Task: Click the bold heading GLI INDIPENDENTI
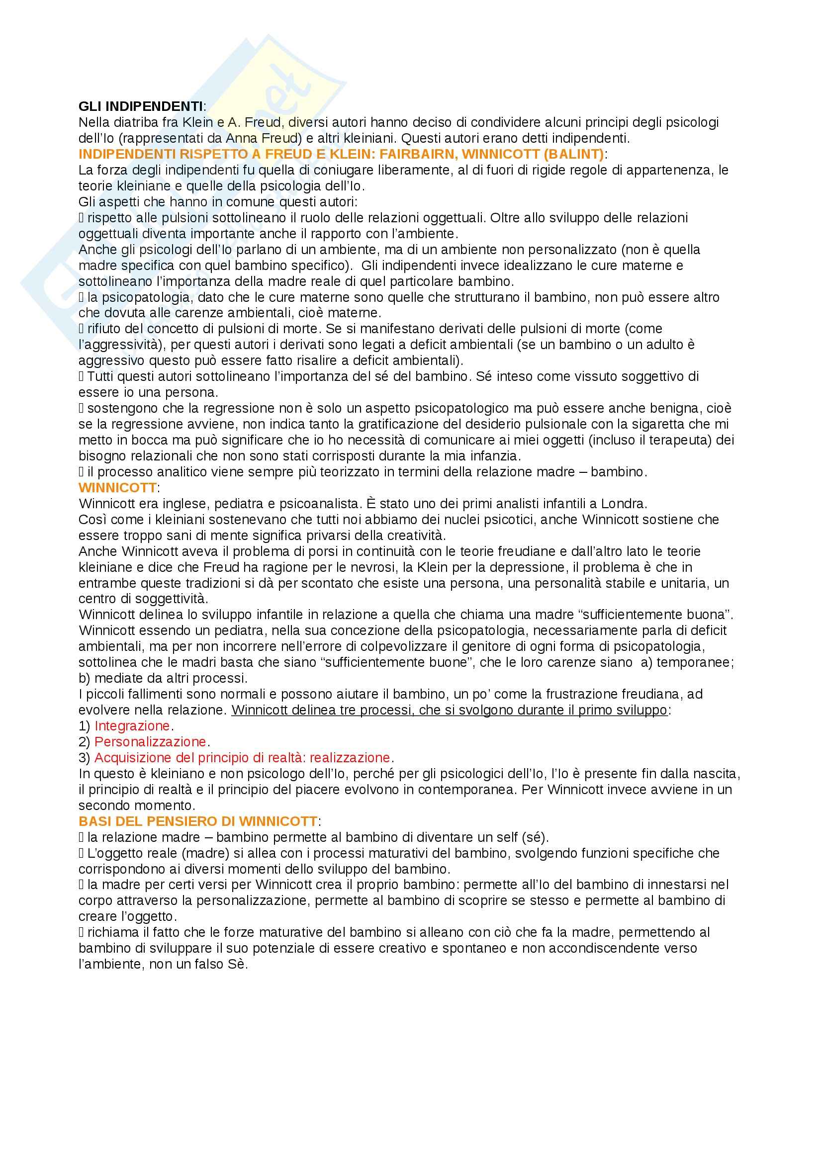[x=140, y=106]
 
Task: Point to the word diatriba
[x=129, y=122]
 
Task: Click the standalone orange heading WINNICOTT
[x=117, y=487]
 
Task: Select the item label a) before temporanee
[x=646, y=662]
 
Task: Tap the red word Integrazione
[x=132, y=725]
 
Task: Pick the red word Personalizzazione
[x=150, y=741]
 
